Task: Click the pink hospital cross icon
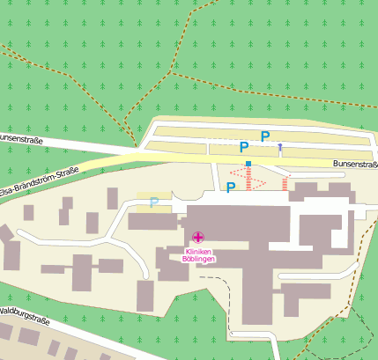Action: click(198, 236)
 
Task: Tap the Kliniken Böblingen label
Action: click(198, 254)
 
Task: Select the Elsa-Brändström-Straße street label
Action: click(40, 181)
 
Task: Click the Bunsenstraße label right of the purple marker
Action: click(355, 164)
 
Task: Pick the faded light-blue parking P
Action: click(154, 202)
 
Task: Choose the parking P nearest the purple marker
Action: click(264, 136)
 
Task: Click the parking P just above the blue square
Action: click(244, 148)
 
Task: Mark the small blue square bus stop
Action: click(249, 164)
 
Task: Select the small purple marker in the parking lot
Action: click(280, 146)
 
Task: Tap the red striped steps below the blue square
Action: click(249, 181)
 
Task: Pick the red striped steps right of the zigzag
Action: click(285, 183)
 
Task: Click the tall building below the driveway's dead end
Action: click(145, 295)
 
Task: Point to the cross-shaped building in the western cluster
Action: click(83, 264)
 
